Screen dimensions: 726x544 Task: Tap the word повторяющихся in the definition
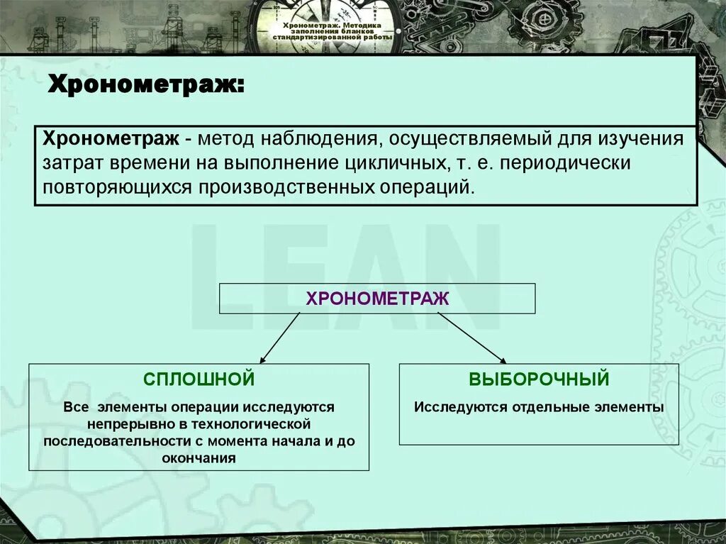click(118, 187)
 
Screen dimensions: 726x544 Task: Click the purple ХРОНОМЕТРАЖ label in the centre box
click(377, 299)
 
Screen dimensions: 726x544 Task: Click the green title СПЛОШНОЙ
click(199, 379)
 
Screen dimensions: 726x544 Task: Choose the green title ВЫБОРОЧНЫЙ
click(539, 379)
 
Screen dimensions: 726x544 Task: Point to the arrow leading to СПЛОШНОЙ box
click(280, 338)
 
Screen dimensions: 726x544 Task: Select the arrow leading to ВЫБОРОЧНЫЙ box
click(471, 338)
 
